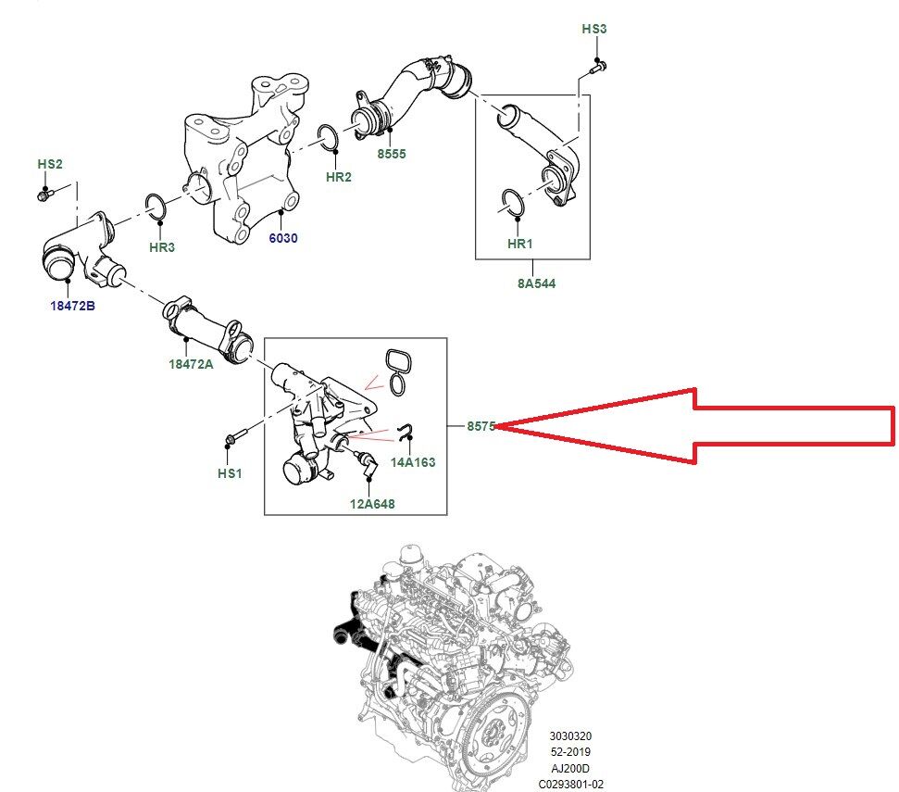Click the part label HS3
pyautogui.click(x=594, y=30)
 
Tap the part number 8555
pyautogui.click(x=391, y=155)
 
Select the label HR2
pyautogui.click(x=339, y=177)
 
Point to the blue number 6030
pyautogui.click(x=283, y=238)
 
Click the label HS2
pyautogui.click(x=50, y=164)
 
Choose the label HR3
pyautogui.click(x=162, y=248)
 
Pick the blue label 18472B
pyautogui.click(x=72, y=306)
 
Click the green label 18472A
pyautogui.click(x=191, y=364)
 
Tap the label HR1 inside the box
pyautogui.click(x=521, y=244)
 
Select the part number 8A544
pyautogui.click(x=537, y=283)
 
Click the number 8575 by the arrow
pyautogui.click(x=481, y=427)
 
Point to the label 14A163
pyautogui.click(x=413, y=461)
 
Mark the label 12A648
pyautogui.click(x=372, y=505)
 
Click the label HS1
pyautogui.click(x=230, y=473)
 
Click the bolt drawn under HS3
pyautogui.click(x=596, y=67)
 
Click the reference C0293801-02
pyautogui.click(x=569, y=784)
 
